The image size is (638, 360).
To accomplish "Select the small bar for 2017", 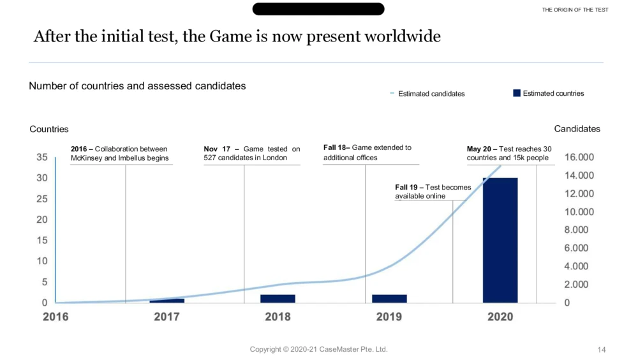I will (x=167, y=301).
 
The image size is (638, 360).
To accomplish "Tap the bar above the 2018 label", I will (x=278, y=299).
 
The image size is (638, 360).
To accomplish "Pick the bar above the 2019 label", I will (x=389, y=299).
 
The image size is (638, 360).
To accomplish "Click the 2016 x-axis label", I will (x=56, y=317).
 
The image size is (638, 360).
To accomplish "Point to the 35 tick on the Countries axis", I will (x=41, y=157).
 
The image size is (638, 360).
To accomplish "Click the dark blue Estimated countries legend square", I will (x=517, y=93).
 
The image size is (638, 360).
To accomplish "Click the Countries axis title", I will (x=49, y=129).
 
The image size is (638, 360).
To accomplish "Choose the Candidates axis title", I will (x=577, y=129).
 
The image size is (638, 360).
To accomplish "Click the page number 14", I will (x=602, y=350).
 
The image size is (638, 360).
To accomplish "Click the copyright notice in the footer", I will (x=318, y=349).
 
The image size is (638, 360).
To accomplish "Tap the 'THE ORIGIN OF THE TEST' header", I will (x=575, y=10).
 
